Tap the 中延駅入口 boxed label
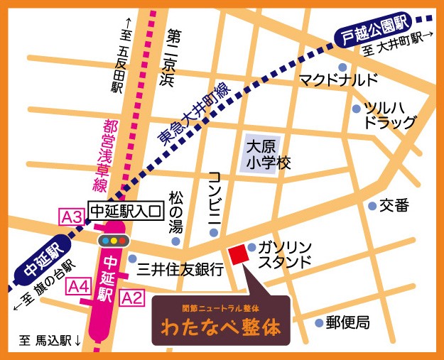click(x=125, y=210)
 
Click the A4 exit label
click(x=77, y=287)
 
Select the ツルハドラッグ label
click(x=389, y=115)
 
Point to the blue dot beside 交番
click(x=372, y=206)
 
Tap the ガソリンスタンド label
click(x=284, y=253)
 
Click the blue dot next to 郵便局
click(x=318, y=322)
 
